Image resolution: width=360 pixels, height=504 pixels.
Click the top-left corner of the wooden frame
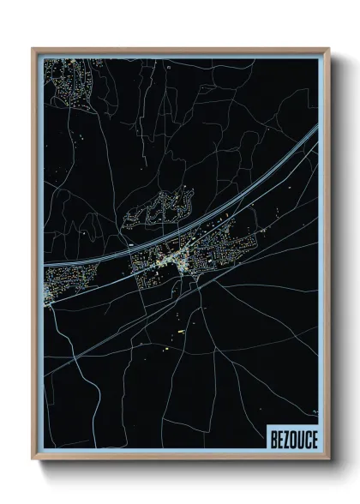pos(33,49)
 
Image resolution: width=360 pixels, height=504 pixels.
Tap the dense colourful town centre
pos(176,257)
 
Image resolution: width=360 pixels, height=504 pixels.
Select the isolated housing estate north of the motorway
pos(159,210)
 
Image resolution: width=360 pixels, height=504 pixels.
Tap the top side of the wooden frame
pos(181,50)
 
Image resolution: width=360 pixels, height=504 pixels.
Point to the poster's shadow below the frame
pos(184,468)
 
